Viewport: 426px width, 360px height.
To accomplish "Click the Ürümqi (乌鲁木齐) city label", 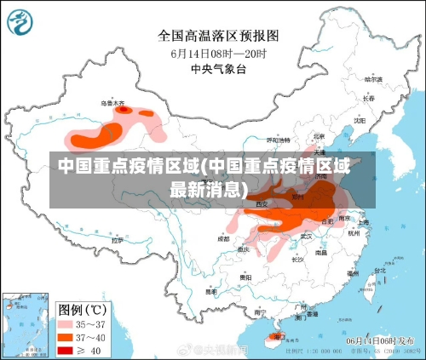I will (x=112, y=103).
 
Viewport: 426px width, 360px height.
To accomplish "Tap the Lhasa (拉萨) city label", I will (x=117, y=241).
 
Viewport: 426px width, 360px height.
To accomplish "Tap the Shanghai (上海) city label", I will (x=362, y=222).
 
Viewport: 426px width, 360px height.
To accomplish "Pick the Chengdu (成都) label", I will (x=222, y=238).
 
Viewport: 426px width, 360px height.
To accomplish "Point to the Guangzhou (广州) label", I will (x=299, y=305).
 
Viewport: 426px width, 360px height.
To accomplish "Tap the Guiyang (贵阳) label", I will (x=245, y=277).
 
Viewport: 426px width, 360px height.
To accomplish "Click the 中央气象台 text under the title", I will (x=218, y=68).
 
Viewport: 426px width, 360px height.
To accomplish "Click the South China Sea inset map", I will (x=25, y=323).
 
